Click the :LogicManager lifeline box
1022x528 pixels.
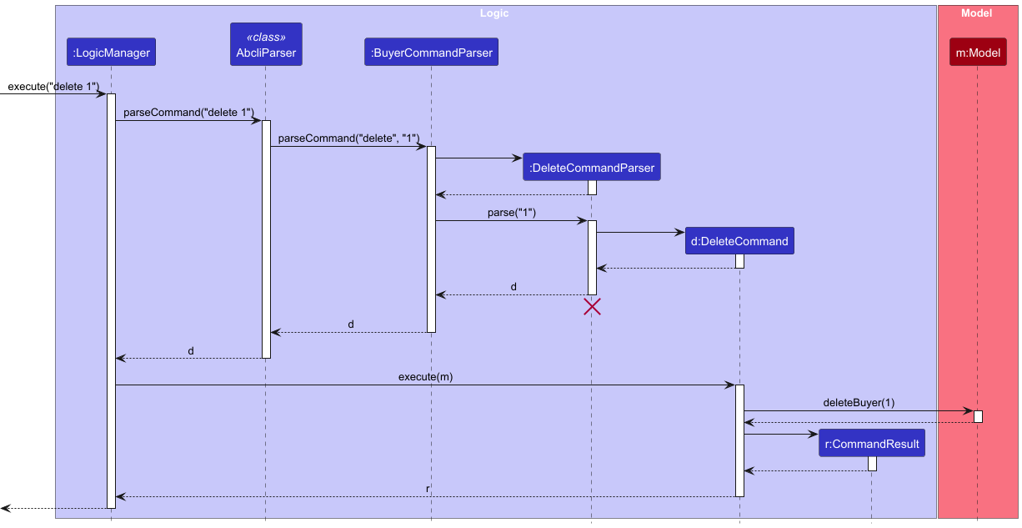point(111,53)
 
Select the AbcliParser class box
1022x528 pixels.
point(265,46)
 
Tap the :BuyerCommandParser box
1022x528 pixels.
point(431,53)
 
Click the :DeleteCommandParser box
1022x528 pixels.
point(592,168)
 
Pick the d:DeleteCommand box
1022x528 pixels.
point(739,241)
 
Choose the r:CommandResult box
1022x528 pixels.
point(872,444)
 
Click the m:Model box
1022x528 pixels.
point(978,53)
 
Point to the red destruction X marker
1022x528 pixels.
point(592,307)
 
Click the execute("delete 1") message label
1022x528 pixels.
point(53,87)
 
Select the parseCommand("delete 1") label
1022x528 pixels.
point(188,113)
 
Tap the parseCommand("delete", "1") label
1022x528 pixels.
point(348,138)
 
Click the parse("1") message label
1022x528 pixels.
point(512,213)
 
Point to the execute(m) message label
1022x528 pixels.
point(425,377)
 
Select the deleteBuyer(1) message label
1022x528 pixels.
point(859,403)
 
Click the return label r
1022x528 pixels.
point(428,489)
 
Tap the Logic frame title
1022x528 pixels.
point(494,13)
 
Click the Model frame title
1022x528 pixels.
point(976,13)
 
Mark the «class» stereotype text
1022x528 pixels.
point(265,38)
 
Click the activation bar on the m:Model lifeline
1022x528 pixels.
point(978,416)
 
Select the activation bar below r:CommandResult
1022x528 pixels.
point(872,464)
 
